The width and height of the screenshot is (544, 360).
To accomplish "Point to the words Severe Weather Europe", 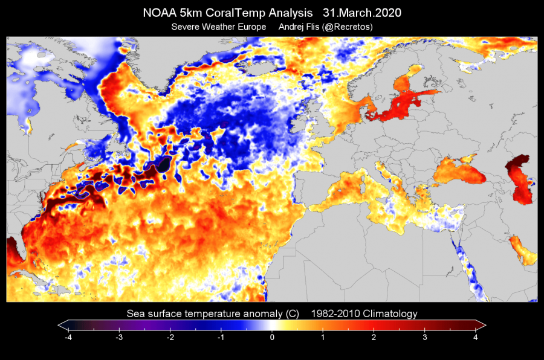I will pyautogui.click(x=218, y=27).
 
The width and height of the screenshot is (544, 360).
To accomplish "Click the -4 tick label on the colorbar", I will pyautogui.click(x=68, y=338).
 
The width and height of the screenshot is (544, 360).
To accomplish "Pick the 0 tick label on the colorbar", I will pyautogui.click(x=272, y=338).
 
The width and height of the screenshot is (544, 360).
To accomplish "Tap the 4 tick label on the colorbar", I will pyautogui.click(x=476, y=338).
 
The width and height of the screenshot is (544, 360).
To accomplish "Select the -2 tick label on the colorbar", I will pyautogui.click(x=170, y=338).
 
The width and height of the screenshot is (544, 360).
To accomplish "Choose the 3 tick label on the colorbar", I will pyautogui.click(x=425, y=338).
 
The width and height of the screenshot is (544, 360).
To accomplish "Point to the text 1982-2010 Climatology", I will pyautogui.click(x=364, y=313).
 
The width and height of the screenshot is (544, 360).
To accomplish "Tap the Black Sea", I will pyautogui.click(x=459, y=170).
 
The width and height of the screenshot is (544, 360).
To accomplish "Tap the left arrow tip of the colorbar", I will pyautogui.click(x=60, y=324).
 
